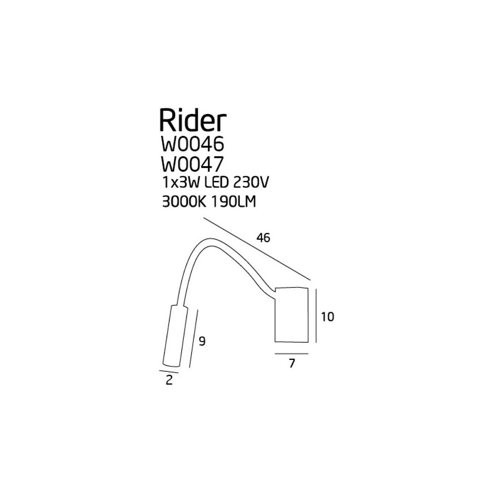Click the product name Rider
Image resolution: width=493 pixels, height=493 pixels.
[192, 120]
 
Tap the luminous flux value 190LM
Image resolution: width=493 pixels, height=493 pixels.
[235, 202]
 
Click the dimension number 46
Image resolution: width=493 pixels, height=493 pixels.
[263, 238]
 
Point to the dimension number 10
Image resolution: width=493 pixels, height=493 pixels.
[327, 317]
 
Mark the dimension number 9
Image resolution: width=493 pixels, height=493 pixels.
[201, 341]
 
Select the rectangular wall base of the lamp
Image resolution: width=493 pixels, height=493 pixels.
[291, 314]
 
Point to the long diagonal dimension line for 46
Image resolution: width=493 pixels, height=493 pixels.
[256, 249]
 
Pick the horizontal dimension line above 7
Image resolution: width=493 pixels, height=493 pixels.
[291, 353]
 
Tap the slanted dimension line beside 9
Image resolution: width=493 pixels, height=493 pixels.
[193, 341]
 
